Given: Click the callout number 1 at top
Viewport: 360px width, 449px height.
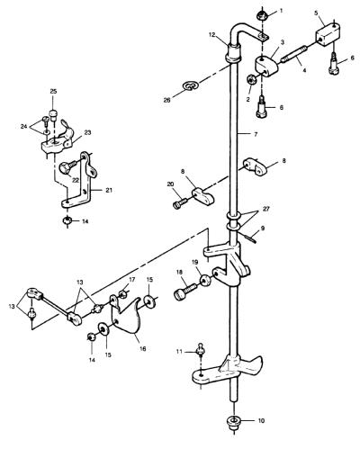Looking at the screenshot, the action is [281, 11].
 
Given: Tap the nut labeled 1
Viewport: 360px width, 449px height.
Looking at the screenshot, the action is [263, 15].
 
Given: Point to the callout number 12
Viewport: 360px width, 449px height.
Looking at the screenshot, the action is [212, 35].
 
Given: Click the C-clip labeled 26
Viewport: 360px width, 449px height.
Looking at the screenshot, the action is [191, 85].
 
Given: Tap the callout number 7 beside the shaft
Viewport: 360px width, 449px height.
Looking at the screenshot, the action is [256, 135].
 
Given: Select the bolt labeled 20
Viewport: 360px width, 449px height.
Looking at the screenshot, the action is [180, 203].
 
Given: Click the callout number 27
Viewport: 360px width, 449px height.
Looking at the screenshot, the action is [265, 209].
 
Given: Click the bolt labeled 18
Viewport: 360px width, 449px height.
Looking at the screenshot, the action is [185, 291].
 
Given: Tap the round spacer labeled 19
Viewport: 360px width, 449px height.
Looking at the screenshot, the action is [205, 281].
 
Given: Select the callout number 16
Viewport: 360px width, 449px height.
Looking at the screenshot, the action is [143, 349].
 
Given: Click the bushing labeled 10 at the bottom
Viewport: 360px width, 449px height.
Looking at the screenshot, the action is [234, 420].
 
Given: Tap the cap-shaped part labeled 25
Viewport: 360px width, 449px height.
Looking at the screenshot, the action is [54, 115].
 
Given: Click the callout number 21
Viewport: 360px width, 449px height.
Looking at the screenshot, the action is [109, 190].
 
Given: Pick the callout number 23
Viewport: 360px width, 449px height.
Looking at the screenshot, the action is [88, 132].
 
